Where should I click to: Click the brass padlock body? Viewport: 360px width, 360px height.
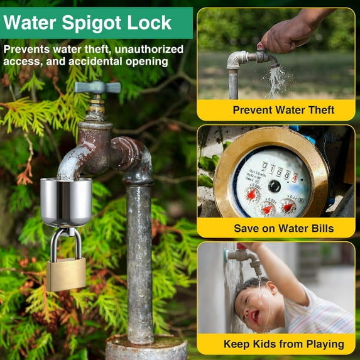(x=65, y=275)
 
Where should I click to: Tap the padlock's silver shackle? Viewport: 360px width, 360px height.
(x=65, y=241)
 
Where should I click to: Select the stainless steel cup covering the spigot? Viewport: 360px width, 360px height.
(x=66, y=201)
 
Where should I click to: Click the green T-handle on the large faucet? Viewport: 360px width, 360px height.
(x=97, y=87)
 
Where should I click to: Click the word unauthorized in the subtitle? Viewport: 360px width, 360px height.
(x=150, y=49)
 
